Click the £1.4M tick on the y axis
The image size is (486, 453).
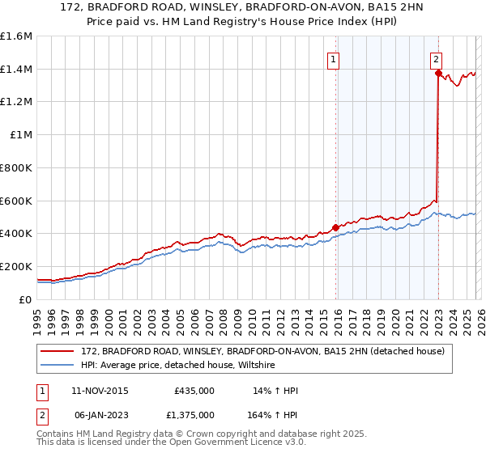click(15, 70)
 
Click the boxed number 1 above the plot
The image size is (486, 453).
click(334, 58)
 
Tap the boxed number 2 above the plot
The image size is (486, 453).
click(436, 58)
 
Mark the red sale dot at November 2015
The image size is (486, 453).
click(335, 227)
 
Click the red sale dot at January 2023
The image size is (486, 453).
click(438, 73)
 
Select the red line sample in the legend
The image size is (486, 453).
click(57, 352)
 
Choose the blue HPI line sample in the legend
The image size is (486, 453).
click(57, 366)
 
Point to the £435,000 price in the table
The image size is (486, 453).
click(194, 392)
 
